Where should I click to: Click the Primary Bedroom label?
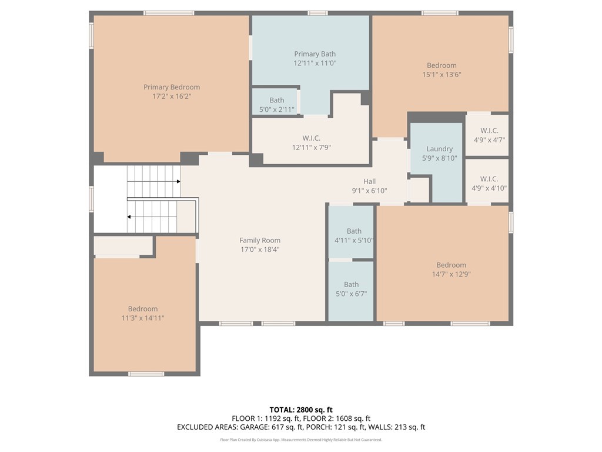[172, 87]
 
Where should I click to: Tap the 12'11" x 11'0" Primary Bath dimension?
[315, 63]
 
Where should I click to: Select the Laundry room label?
[439, 149]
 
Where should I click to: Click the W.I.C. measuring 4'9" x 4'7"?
[489, 135]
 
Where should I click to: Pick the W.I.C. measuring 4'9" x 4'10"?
[489, 184]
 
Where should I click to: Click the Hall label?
[369, 181]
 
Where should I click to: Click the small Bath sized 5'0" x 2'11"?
[276, 105]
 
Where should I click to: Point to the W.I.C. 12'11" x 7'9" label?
[312, 142]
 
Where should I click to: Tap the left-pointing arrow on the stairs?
[129, 217]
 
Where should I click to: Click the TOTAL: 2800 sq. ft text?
[301, 410]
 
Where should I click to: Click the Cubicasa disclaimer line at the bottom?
[301, 440]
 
